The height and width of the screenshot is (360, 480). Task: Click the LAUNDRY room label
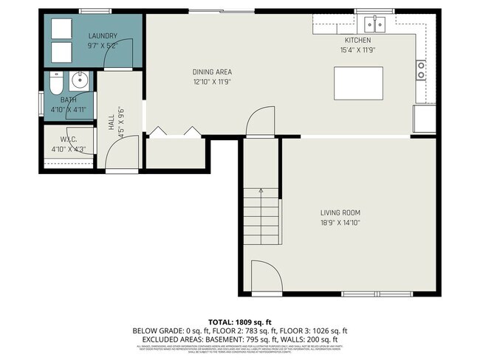[103, 36]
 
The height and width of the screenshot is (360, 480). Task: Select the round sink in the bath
[79, 81]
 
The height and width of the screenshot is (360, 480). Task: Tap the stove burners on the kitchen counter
[422, 70]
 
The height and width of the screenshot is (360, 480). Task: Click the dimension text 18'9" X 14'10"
[340, 222]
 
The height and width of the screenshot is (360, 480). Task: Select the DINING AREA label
[212, 72]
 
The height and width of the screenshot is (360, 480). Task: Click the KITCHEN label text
[357, 40]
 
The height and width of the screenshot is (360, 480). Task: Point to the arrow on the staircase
[260, 193]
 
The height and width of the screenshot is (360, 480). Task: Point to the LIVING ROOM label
[340, 212]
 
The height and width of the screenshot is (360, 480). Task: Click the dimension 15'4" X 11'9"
[357, 50]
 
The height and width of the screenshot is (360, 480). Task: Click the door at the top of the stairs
[260, 122]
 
